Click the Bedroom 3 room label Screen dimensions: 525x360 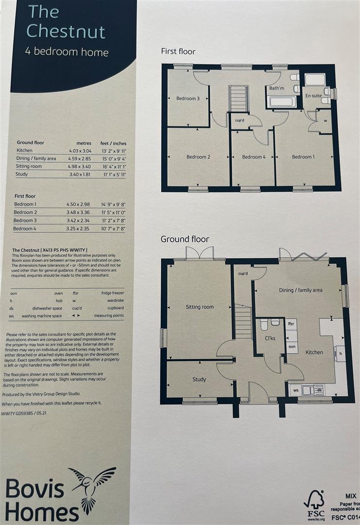tap(188, 99)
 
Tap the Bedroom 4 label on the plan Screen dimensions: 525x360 tap(254, 157)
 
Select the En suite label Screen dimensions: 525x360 tap(313, 96)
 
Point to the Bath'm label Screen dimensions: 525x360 tap(276, 88)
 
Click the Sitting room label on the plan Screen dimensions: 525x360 tap(200, 307)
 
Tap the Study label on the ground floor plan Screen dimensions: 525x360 tap(199, 379)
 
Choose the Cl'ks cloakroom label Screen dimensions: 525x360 tap(271, 338)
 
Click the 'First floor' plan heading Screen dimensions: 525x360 tap(178, 51)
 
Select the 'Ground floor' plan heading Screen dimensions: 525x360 tap(185, 239)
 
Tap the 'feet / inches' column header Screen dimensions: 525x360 tap(113, 143)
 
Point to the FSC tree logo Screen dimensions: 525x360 tap(314, 501)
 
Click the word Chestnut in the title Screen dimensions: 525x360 tap(66, 31)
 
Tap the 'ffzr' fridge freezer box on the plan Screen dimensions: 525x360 tap(291, 323)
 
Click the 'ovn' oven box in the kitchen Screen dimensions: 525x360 tap(291, 346)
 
